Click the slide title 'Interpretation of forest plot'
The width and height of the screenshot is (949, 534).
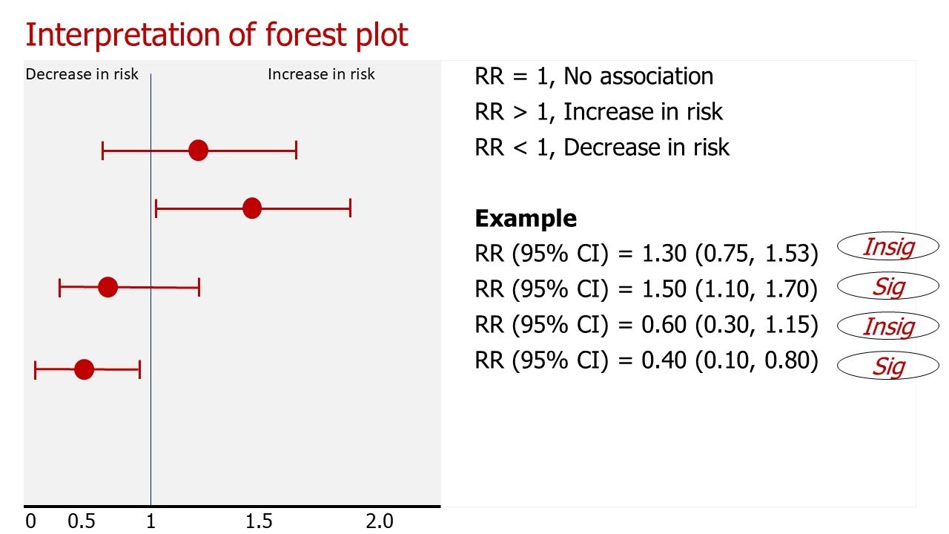click(x=216, y=35)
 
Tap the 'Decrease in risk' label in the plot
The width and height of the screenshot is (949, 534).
click(x=82, y=74)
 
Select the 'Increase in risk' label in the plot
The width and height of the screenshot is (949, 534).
click(x=321, y=74)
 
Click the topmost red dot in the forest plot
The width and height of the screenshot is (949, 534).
click(x=198, y=151)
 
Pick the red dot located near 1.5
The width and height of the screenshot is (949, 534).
click(x=252, y=208)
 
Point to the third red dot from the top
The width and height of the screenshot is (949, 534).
click(x=108, y=287)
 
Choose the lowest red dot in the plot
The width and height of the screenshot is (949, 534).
click(x=85, y=369)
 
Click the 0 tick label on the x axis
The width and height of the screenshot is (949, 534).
click(x=30, y=521)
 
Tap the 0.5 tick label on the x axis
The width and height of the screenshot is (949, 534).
click(x=81, y=521)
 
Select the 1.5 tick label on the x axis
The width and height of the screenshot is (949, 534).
click(x=259, y=521)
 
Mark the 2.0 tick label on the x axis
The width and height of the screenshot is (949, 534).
click(x=379, y=521)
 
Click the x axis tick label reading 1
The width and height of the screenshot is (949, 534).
click(x=151, y=521)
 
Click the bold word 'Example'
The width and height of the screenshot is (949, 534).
click(x=526, y=219)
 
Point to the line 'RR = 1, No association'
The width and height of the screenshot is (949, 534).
click(x=594, y=76)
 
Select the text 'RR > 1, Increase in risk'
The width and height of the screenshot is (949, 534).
click(x=598, y=111)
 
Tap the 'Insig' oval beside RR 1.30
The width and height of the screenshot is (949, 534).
click(x=887, y=247)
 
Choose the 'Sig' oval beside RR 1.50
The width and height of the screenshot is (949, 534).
click(x=887, y=286)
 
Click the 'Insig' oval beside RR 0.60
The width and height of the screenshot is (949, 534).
click(x=887, y=326)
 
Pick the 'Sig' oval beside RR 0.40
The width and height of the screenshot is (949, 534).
click(x=887, y=366)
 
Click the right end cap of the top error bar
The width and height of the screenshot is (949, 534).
click(x=296, y=151)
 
